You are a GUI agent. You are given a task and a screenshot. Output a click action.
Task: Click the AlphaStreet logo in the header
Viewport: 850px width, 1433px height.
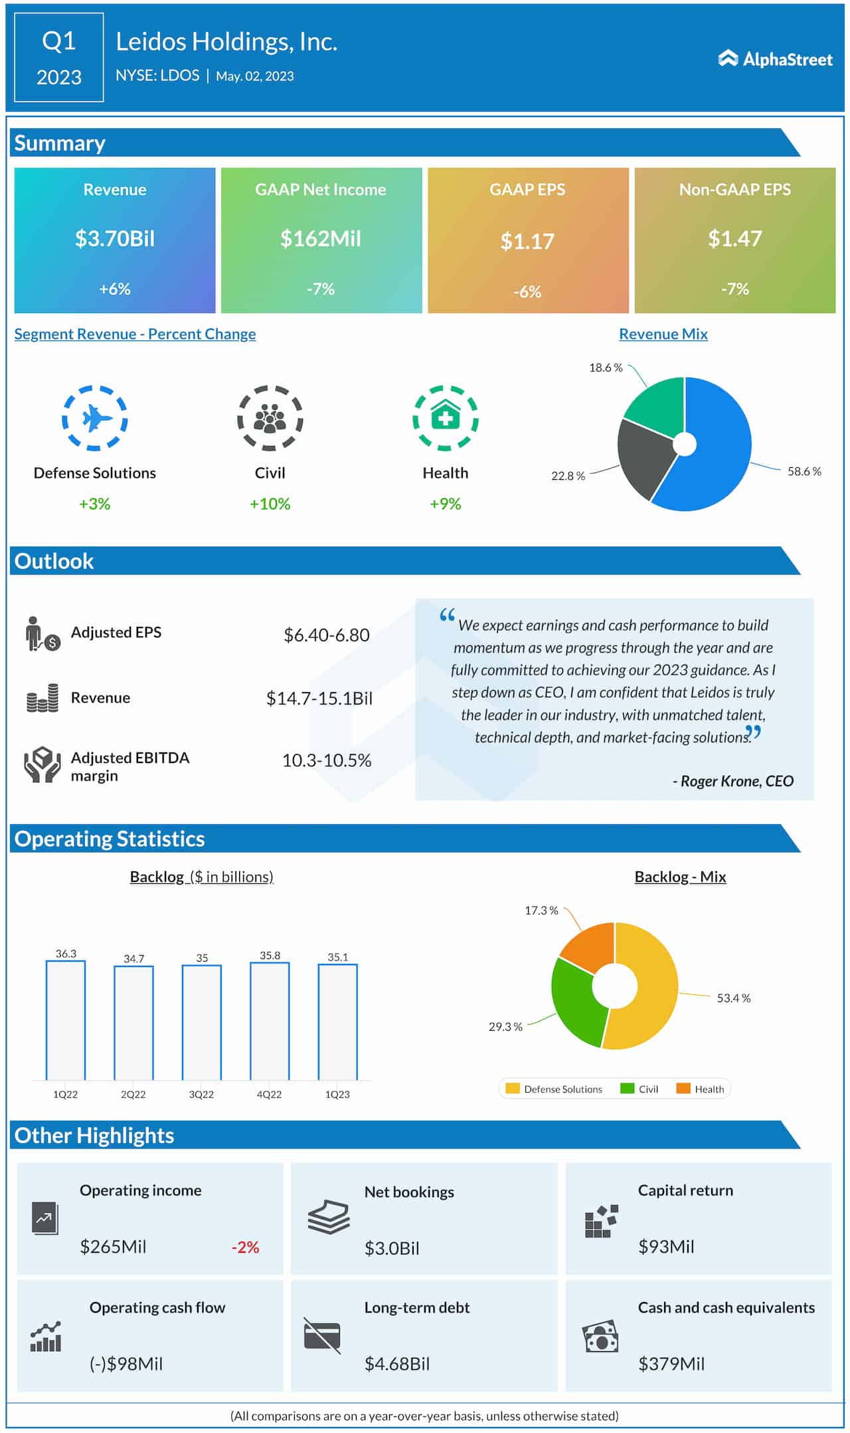pos(775,59)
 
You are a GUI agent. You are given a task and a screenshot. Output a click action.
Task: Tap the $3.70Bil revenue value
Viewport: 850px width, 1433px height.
pos(115,239)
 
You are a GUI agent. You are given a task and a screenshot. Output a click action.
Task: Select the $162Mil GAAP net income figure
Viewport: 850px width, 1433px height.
pos(321,239)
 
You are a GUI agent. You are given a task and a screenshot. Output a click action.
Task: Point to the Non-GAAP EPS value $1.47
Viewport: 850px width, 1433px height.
pos(734,239)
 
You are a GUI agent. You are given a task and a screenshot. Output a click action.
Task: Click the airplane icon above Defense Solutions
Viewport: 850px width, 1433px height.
pos(95,418)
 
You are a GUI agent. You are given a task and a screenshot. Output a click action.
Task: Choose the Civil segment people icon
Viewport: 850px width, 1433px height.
pos(270,418)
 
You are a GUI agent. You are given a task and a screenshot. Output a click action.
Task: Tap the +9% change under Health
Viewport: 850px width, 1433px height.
pos(445,504)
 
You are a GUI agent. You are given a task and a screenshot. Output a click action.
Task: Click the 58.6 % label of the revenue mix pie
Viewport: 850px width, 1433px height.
pos(804,471)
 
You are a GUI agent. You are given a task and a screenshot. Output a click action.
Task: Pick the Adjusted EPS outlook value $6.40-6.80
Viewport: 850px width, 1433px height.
pos(327,635)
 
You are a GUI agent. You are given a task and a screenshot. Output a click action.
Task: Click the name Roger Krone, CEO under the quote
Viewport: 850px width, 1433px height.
pos(733,781)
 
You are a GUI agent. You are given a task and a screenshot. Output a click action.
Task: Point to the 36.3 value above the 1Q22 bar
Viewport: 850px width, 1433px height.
pos(66,954)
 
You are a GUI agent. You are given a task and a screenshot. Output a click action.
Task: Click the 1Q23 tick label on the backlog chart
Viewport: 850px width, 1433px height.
pos(337,1094)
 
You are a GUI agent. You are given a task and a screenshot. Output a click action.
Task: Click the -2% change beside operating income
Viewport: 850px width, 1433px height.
pos(245,1247)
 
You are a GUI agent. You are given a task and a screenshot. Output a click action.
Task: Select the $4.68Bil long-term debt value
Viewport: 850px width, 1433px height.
pos(397,1364)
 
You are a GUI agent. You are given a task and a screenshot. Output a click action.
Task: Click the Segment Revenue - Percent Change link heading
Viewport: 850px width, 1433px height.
pos(135,334)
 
